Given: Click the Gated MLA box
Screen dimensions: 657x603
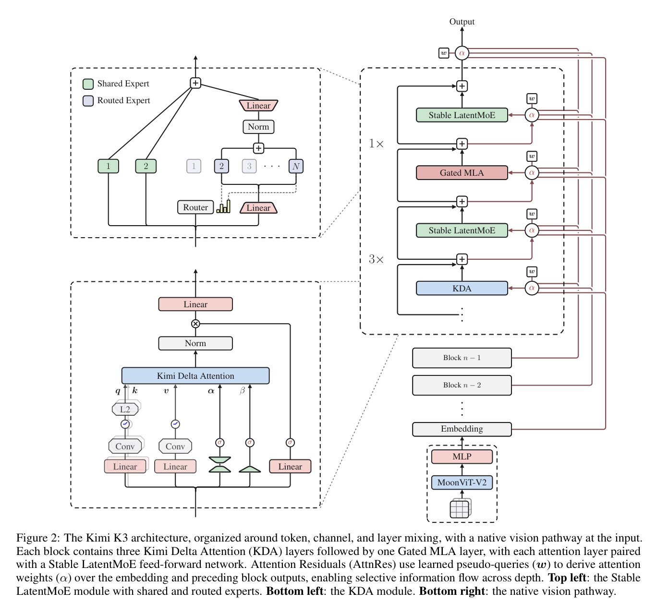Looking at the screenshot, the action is (462, 173).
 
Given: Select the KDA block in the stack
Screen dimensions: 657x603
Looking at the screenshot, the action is (462, 288).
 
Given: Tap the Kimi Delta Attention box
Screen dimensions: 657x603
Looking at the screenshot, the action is (195, 376).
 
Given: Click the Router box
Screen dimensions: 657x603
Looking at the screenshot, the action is (195, 207).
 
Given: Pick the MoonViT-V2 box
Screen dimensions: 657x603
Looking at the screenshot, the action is (462, 482).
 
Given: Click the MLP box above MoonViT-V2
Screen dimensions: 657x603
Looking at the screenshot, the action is (462, 457).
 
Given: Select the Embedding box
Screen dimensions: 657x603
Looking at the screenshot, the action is (462, 429).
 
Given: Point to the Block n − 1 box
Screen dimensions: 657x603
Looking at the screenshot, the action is (462, 358).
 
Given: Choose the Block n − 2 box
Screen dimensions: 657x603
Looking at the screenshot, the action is (462, 385).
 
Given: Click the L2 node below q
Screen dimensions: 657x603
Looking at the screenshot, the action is (125, 409).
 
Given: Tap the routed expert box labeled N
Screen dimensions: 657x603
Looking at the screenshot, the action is (296, 166).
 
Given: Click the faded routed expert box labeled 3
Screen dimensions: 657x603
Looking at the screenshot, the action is (249, 166).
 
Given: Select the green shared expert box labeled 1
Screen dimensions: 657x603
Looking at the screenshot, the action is (109, 166).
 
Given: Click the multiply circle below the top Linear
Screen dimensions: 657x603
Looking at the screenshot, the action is (195, 324).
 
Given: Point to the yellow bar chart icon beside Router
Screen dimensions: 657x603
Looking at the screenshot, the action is (223, 206).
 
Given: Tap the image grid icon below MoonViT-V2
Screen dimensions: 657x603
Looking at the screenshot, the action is (461, 508).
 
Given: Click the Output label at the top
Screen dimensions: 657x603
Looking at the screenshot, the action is (462, 22).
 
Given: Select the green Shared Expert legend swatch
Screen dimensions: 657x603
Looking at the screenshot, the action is (88, 84).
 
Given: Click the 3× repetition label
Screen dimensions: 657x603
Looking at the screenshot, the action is (377, 259).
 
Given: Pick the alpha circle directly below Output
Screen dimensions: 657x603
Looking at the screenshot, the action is (462, 53).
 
